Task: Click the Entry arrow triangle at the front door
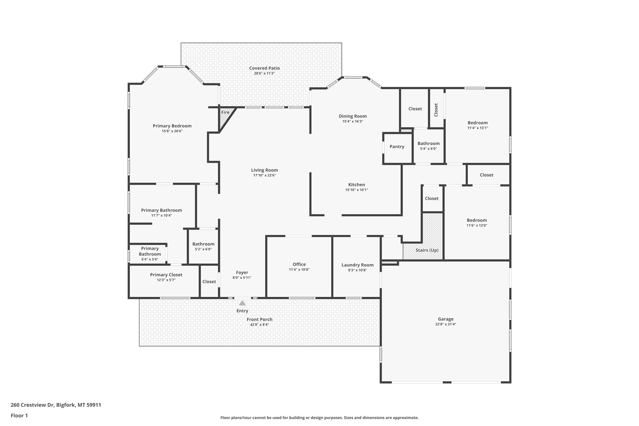click(x=242, y=303)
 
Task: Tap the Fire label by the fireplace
click(x=225, y=112)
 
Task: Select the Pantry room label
click(x=397, y=147)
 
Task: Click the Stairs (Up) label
click(x=427, y=250)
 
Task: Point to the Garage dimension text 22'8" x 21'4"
click(x=446, y=324)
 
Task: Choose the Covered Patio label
click(x=264, y=68)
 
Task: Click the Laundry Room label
click(x=357, y=265)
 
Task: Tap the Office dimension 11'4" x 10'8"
click(x=299, y=269)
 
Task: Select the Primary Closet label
click(x=166, y=275)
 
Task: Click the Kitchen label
click(x=357, y=185)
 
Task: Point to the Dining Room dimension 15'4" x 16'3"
click(x=353, y=121)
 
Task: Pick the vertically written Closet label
click(x=436, y=110)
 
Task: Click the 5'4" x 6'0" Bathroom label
click(x=429, y=144)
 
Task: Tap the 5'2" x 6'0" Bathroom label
click(x=203, y=244)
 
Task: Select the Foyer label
click(x=242, y=273)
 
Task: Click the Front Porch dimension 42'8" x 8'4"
click(x=259, y=325)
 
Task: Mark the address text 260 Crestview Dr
click(x=32, y=405)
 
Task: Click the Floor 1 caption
click(x=19, y=416)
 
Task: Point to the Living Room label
click(x=264, y=170)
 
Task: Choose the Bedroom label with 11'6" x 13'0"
click(x=477, y=220)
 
